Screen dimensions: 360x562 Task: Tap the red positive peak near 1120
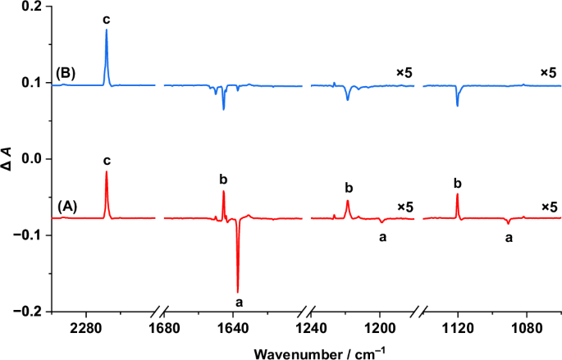click(457, 195)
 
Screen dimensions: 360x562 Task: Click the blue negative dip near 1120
click(457, 104)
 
